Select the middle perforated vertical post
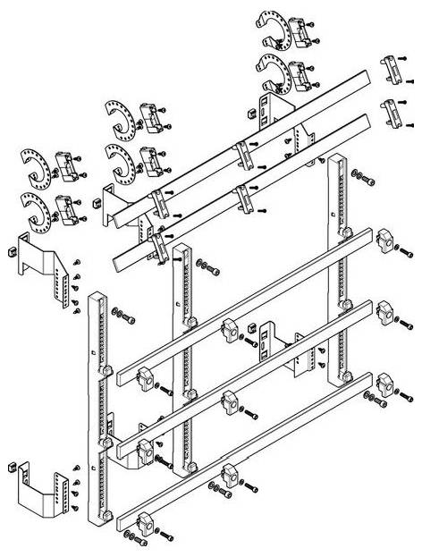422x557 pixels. coord(181,358)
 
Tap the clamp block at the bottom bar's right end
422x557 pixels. coord(386,385)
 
